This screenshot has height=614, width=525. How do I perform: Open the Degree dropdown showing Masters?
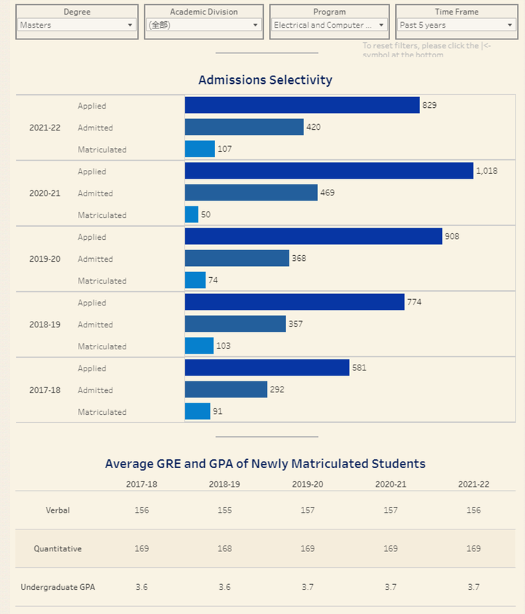pyautogui.click(x=77, y=25)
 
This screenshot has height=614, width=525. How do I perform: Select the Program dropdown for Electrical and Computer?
pyautogui.click(x=329, y=25)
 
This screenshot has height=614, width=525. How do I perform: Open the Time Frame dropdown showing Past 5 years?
pyautogui.click(x=456, y=25)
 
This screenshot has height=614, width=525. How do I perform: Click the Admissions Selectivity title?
pyautogui.click(x=265, y=80)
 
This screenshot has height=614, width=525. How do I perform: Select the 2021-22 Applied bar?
pyautogui.click(x=302, y=105)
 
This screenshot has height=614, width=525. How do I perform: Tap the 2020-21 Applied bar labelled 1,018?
pyautogui.click(x=329, y=171)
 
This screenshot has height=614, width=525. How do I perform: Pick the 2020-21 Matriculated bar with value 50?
pyautogui.click(x=192, y=214)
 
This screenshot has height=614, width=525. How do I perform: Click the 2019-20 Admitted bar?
pyautogui.click(x=237, y=258)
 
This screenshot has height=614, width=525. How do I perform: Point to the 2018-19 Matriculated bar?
pyautogui.click(x=199, y=346)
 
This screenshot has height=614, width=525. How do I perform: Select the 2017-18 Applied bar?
pyautogui.click(x=267, y=368)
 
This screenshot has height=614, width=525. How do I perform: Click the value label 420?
pyautogui.click(x=314, y=128)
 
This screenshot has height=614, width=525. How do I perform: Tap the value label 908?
pyautogui.click(x=452, y=237)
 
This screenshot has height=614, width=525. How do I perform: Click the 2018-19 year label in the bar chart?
pyautogui.click(x=44, y=325)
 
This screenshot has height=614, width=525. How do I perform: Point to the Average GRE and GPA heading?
pyautogui.click(x=265, y=464)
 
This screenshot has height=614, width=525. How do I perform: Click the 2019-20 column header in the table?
pyautogui.click(x=308, y=484)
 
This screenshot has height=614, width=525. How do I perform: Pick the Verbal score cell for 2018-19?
pyautogui.click(x=225, y=510)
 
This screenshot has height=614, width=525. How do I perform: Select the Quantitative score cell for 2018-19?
pyautogui.click(x=225, y=548)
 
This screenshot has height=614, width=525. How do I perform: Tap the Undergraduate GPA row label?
pyautogui.click(x=58, y=587)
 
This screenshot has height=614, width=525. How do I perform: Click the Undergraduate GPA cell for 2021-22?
pyautogui.click(x=474, y=587)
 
